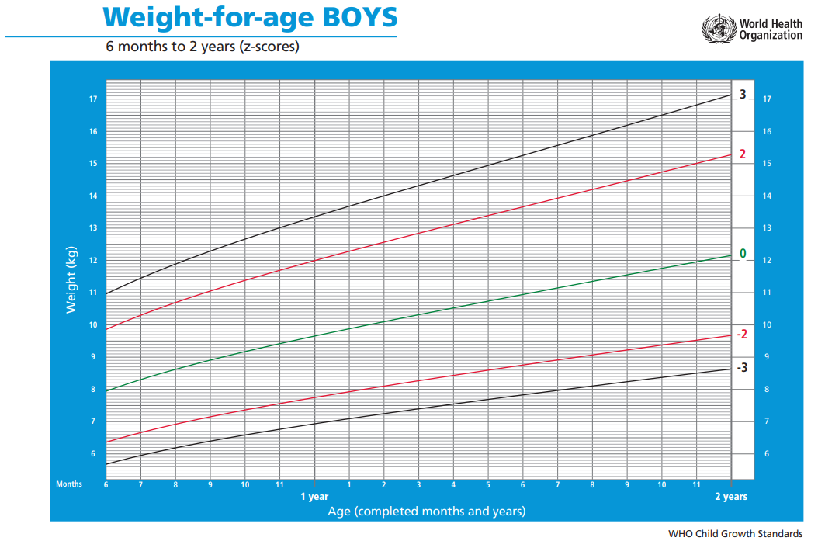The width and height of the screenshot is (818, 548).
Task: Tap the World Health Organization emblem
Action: click(718, 29)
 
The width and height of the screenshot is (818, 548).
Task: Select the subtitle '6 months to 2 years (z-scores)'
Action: click(203, 47)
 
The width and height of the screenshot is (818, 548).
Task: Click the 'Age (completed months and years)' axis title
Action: click(426, 511)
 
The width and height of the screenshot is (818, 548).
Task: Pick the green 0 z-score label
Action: click(743, 254)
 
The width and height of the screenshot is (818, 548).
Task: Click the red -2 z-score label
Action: click(742, 334)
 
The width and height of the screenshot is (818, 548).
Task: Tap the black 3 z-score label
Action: click(743, 95)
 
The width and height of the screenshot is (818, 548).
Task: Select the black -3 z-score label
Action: click(742, 367)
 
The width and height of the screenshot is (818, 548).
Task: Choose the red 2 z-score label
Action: click(743, 154)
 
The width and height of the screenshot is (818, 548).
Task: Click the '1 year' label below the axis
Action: click(314, 497)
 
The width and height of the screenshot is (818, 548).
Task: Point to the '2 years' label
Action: click(731, 497)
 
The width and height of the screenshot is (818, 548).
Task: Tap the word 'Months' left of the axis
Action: click(69, 484)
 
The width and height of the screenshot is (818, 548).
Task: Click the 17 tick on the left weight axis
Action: click(92, 99)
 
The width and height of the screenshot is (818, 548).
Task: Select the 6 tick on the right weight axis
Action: click(767, 454)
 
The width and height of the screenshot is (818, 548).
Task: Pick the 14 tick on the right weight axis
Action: click(767, 196)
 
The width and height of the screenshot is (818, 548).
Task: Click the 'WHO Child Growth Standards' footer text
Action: click(735, 534)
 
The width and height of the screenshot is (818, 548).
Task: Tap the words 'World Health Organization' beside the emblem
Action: click(771, 29)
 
